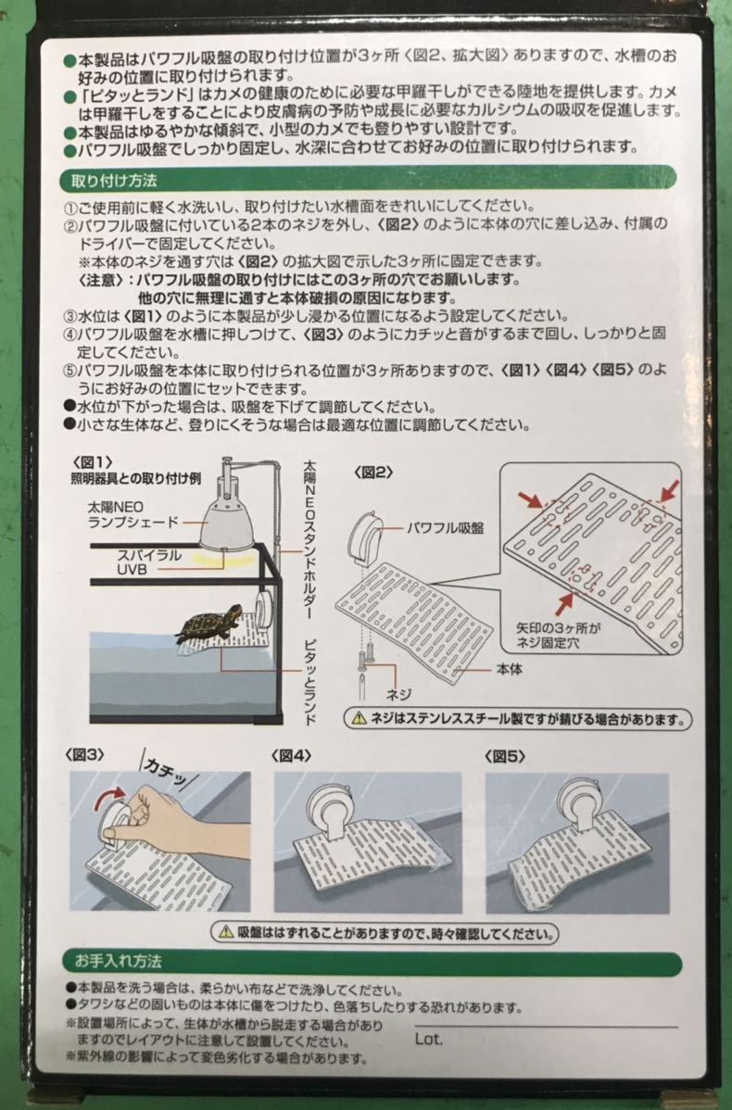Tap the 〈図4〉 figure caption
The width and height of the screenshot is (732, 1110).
pos(294,755)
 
